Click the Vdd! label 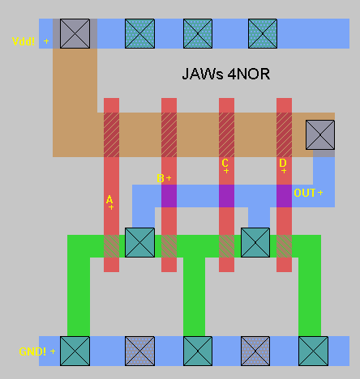(x=24, y=41)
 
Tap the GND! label (x=32, y=351)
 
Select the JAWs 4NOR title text (x=226, y=74)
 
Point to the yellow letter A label (x=109, y=200)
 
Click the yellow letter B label (x=161, y=178)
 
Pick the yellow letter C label (x=225, y=163)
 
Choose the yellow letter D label (x=283, y=163)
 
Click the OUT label (x=305, y=193)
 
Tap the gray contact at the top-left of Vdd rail (x=75, y=33)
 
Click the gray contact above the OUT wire (x=320, y=134)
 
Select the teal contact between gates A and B (x=139, y=242)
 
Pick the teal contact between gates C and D (x=255, y=242)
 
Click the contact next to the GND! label (x=75, y=351)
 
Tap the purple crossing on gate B (x=169, y=196)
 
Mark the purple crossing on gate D (x=284, y=196)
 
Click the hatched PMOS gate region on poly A (x=111, y=134)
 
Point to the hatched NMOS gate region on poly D (x=284, y=246)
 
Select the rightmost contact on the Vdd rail (x=263, y=33)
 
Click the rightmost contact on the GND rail (x=313, y=351)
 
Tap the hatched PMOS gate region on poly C (x=226, y=134)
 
